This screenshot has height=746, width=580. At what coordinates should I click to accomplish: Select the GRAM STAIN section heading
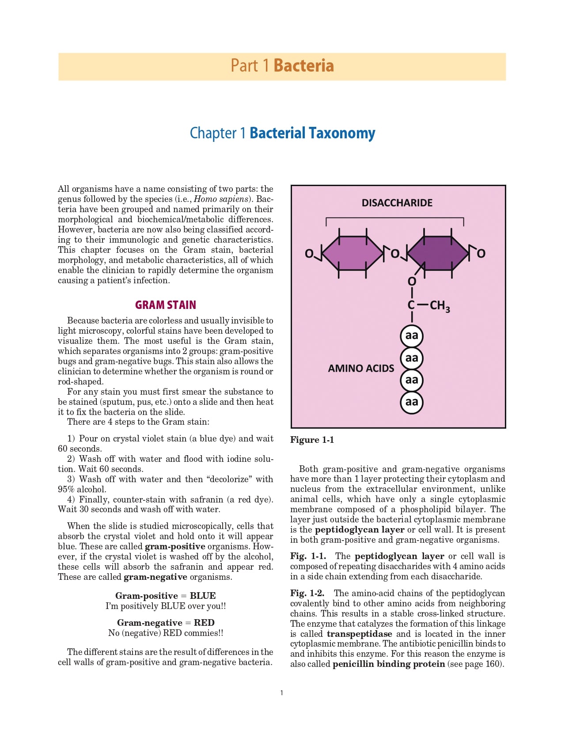click(x=166, y=305)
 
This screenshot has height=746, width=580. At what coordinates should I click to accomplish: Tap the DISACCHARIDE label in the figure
click(x=397, y=203)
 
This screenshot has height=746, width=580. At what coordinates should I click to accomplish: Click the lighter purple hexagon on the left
click(x=353, y=253)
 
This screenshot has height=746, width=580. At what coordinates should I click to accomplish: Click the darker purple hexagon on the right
click(x=437, y=253)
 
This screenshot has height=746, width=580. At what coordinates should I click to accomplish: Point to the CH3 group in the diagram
click(x=440, y=306)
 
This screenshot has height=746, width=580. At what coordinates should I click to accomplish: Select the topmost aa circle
click(x=412, y=336)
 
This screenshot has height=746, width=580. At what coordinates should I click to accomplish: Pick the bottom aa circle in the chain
click(x=412, y=402)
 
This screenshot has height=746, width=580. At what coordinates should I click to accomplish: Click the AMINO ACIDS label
click(x=361, y=369)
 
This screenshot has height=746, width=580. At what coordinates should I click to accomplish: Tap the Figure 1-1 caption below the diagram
click(x=312, y=440)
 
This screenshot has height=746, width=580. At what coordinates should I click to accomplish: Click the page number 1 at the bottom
click(x=282, y=693)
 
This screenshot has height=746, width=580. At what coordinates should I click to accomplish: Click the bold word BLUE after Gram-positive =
click(x=203, y=596)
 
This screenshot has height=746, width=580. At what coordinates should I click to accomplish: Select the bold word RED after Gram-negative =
click(x=204, y=623)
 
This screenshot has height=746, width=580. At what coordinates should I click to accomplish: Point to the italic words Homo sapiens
click(x=221, y=199)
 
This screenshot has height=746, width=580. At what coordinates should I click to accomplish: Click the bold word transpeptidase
click(x=359, y=634)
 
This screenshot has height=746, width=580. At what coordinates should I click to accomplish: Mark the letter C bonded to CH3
click(x=411, y=305)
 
